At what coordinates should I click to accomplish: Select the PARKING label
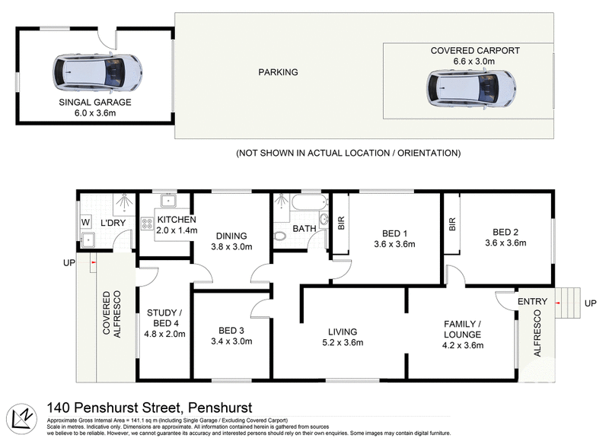click(278, 73)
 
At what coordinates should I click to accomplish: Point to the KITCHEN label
click(177, 220)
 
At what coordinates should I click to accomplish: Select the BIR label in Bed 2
click(452, 224)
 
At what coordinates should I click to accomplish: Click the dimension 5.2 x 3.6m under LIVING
click(342, 342)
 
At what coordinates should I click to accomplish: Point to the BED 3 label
click(232, 330)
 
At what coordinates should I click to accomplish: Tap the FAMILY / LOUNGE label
click(464, 329)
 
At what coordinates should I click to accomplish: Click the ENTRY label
click(532, 302)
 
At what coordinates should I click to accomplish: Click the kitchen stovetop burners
click(148, 225)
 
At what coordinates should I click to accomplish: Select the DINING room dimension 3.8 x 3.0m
click(231, 246)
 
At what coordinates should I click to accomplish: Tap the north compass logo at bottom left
click(23, 419)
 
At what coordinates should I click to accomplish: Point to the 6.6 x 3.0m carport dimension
click(474, 62)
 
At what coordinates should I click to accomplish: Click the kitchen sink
click(170, 203)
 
